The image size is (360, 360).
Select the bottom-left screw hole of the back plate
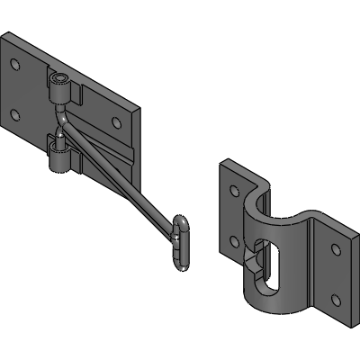[14, 113]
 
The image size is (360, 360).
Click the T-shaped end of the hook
[181, 240]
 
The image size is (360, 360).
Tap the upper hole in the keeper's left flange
[234, 191]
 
